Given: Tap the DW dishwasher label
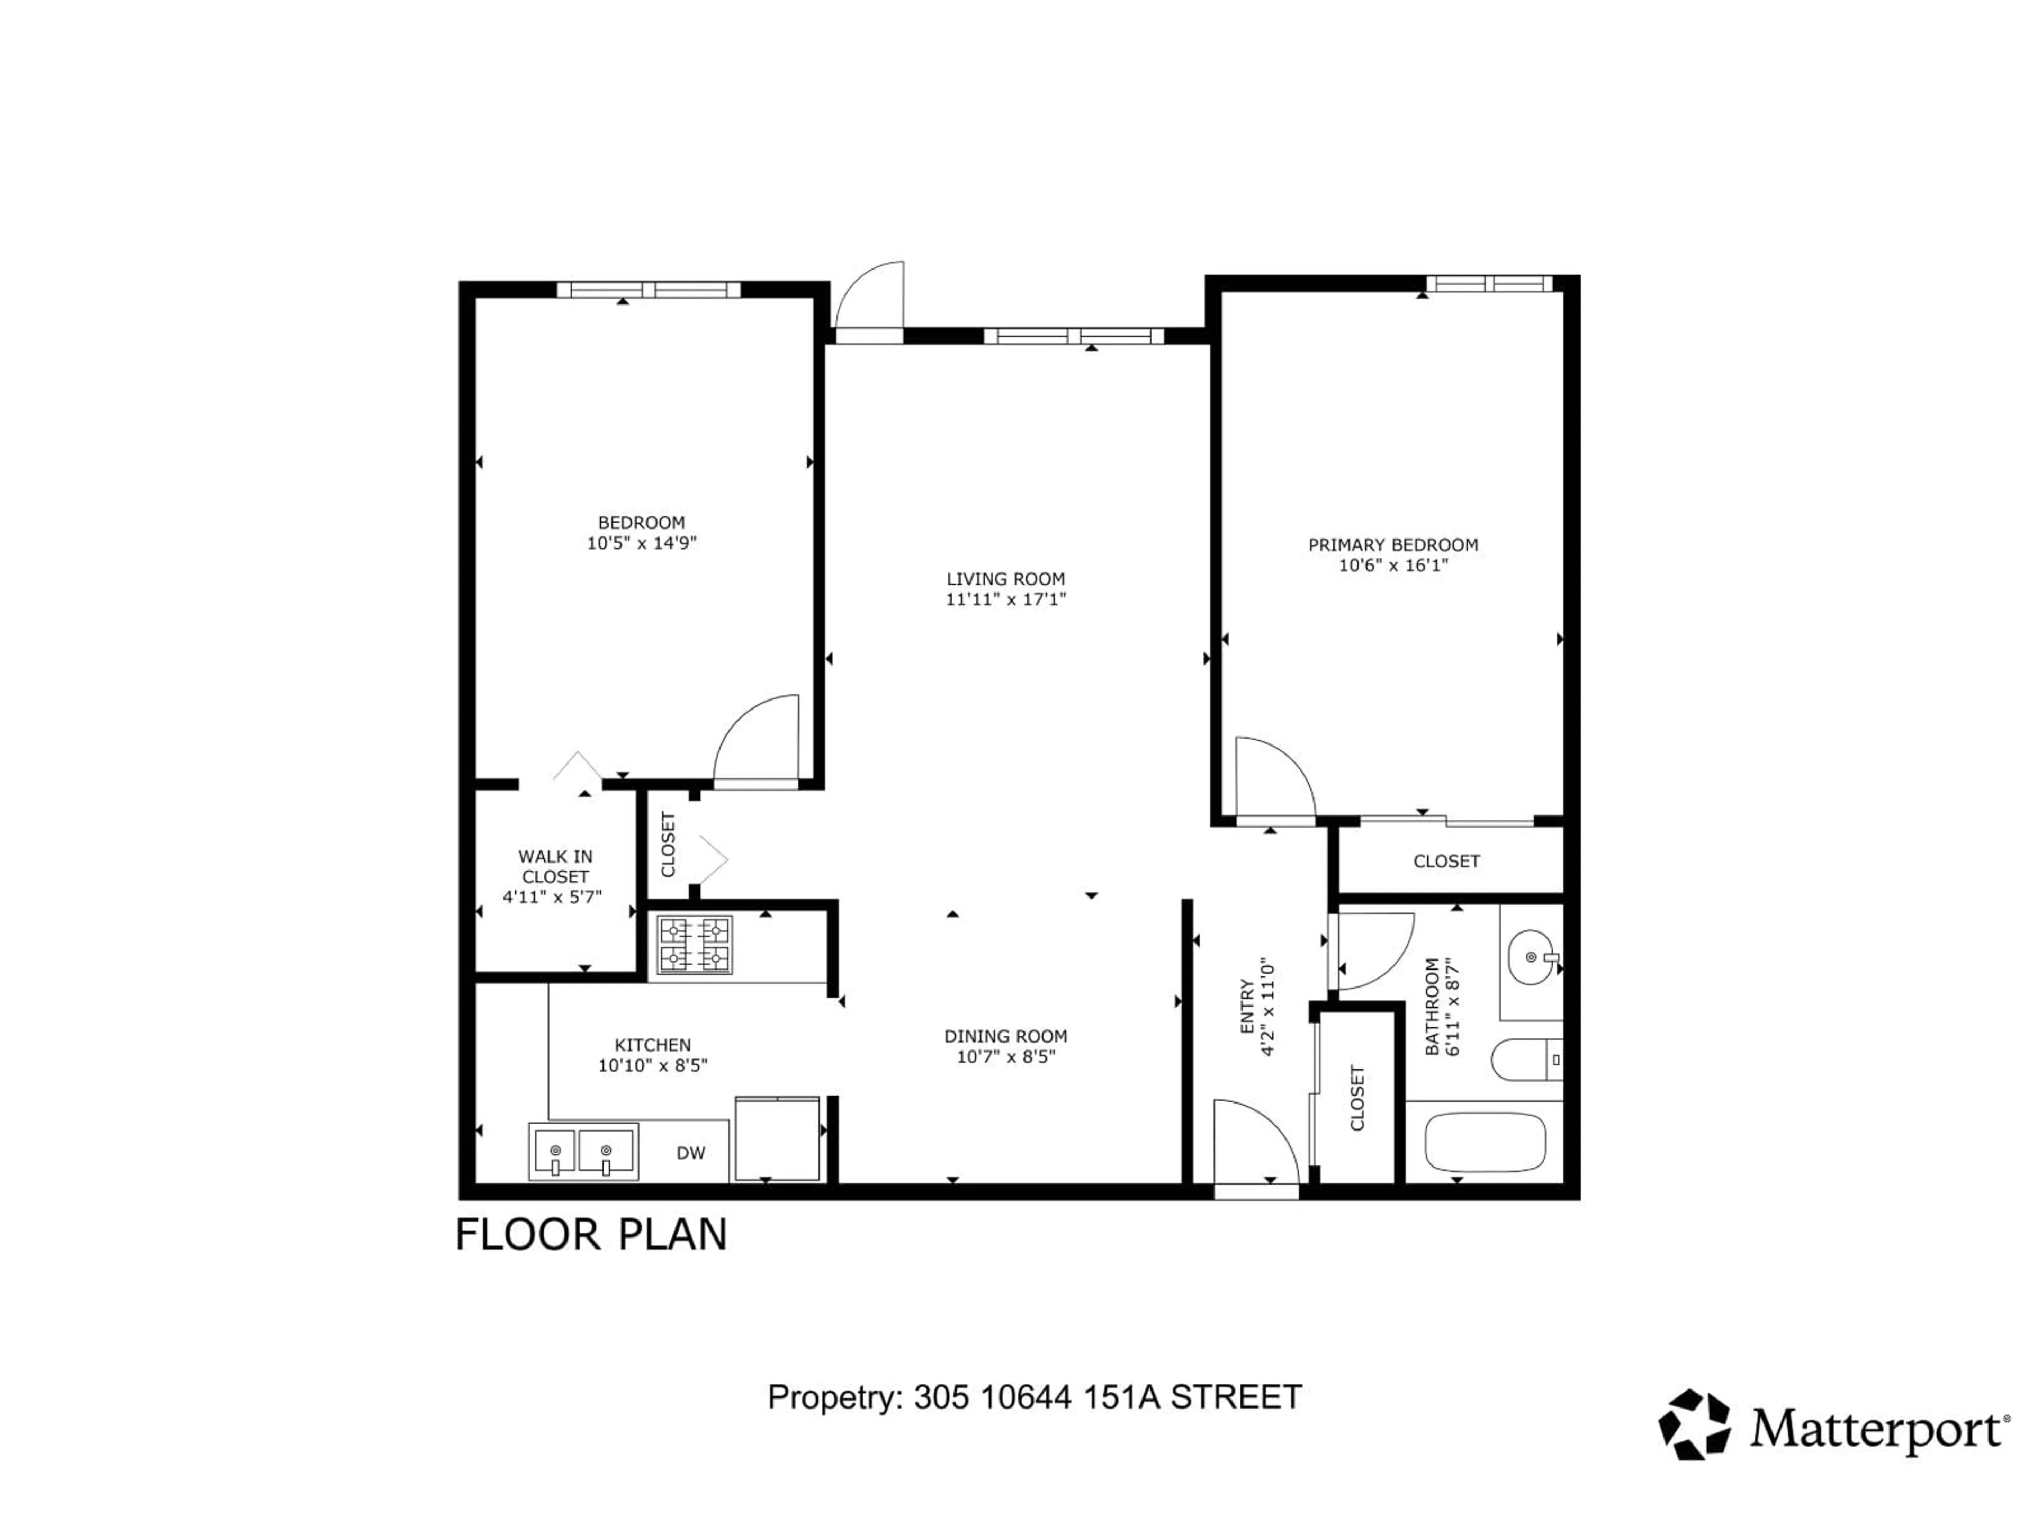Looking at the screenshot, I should [690, 1153].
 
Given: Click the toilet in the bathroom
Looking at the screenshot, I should [1526, 1060].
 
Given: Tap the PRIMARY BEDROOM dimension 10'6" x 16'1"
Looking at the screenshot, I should [1393, 566].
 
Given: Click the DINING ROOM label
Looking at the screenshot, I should [1005, 1036].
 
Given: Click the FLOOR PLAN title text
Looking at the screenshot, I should [591, 1234].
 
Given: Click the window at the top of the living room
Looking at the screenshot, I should [1074, 336].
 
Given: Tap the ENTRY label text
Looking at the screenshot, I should [1247, 1007].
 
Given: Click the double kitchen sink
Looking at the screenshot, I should [583, 1151].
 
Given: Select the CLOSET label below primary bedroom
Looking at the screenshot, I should [1446, 862].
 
